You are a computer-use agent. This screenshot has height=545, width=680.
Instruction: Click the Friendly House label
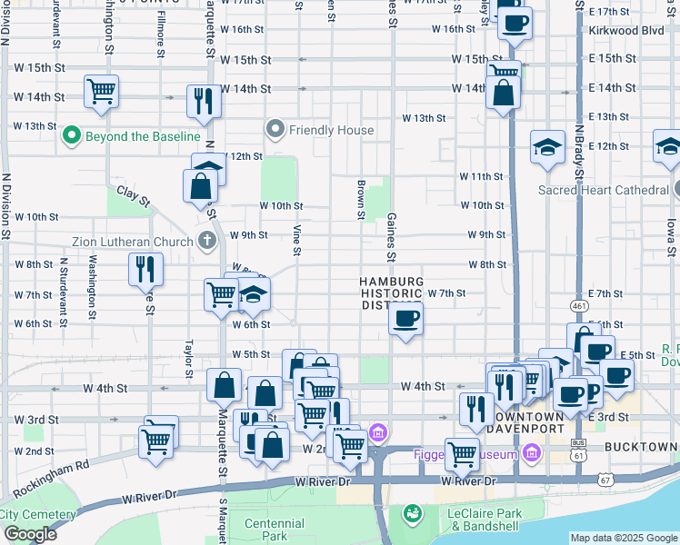[331, 130]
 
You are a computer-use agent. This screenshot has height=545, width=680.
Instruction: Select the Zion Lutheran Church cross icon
[207, 242]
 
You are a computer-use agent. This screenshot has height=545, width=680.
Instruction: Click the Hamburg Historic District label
[392, 292]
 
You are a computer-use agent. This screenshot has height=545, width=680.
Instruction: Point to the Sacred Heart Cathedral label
[603, 191]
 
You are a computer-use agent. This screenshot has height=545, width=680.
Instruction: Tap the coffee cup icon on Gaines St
[405, 319]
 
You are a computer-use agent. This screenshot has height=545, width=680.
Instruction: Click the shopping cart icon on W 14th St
[101, 91]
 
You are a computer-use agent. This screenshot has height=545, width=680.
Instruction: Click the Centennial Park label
[275, 530]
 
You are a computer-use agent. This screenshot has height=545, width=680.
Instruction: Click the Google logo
[29, 534]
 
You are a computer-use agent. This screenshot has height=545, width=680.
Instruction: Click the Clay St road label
[133, 195]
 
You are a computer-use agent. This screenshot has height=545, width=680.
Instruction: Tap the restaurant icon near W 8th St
[145, 269]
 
